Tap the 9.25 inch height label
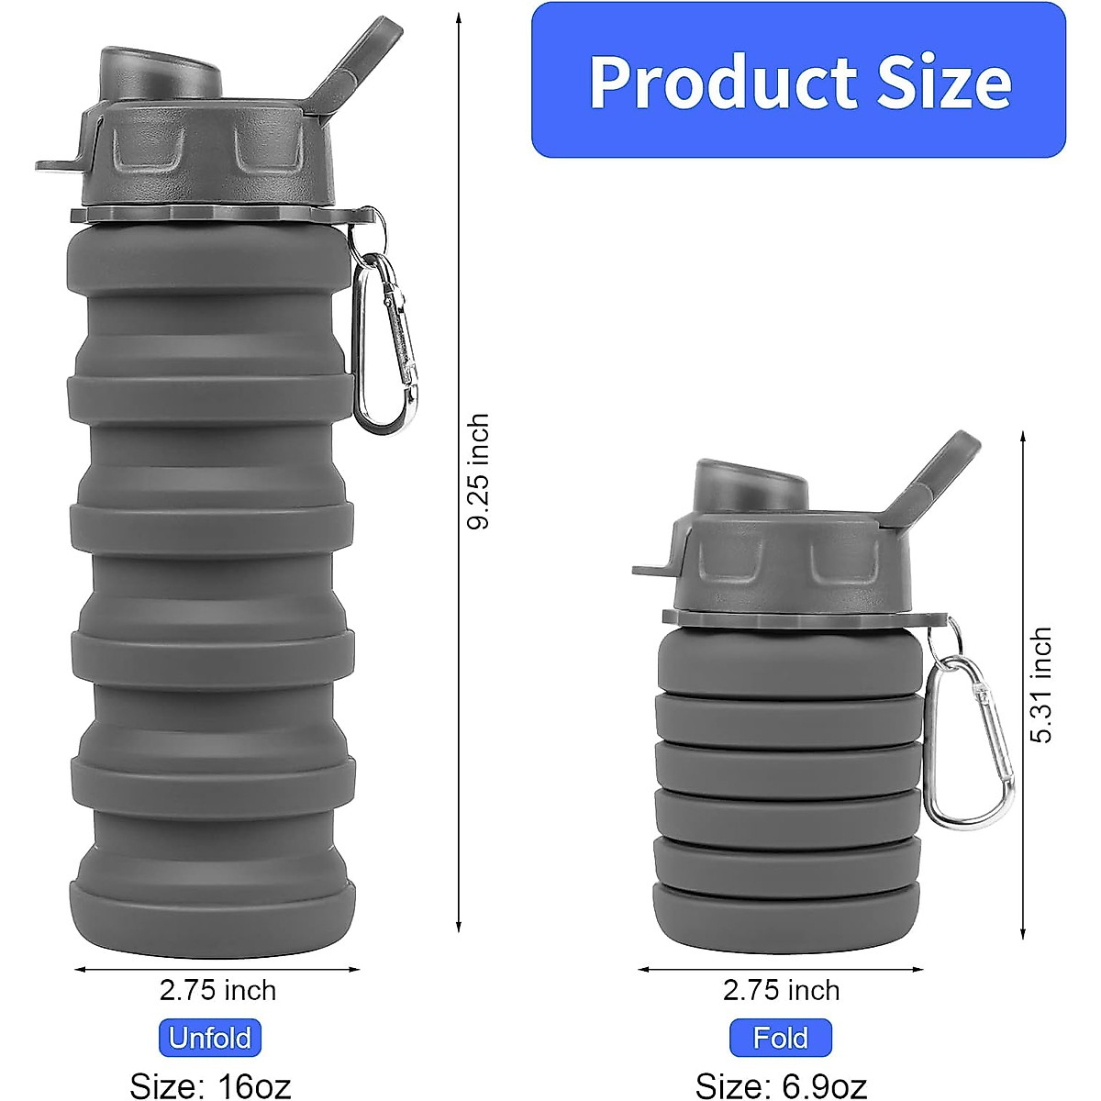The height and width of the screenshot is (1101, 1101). pyautogui.click(x=479, y=472)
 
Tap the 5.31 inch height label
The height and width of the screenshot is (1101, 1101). pyautogui.click(x=1041, y=684)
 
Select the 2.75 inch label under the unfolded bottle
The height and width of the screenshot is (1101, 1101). pyautogui.click(x=217, y=990)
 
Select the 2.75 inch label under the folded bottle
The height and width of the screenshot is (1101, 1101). pyautogui.click(x=781, y=990)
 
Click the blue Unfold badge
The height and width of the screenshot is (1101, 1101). pyautogui.click(x=210, y=1038)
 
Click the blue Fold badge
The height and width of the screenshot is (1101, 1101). pyautogui.click(x=781, y=1038)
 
